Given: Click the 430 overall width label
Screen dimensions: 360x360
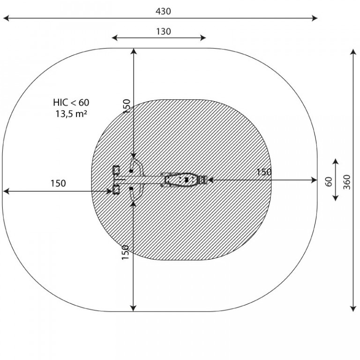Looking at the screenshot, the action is click(x=163, y=11).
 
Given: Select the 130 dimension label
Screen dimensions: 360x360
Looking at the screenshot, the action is click(x=164, y=31).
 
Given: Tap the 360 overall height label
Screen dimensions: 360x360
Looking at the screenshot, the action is click(x=347, y=182).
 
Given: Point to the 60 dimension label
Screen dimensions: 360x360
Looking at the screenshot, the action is click(x=329, y=181).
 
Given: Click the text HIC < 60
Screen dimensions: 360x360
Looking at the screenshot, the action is click(x=71, y=102).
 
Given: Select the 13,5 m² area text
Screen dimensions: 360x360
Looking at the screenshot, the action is click(x=71, y=113).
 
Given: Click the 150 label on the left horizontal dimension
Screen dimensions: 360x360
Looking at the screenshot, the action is click(x=58, y=183).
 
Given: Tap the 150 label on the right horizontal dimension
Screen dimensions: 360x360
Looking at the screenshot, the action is click(x=264, y=172).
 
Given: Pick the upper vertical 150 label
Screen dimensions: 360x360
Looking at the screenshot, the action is click(x=127, y=106).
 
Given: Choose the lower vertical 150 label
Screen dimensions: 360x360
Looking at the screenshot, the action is click(x=125, y=252).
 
